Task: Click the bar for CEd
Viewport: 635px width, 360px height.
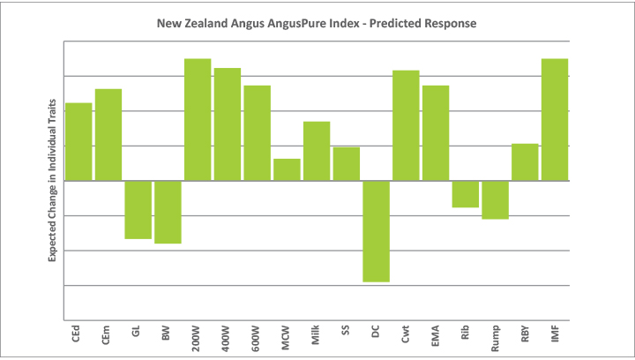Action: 78,142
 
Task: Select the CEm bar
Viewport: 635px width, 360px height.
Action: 108,135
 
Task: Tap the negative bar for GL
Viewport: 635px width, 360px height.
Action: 138,209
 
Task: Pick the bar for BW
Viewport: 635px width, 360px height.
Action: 168,212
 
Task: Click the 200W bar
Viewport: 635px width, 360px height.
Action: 198,119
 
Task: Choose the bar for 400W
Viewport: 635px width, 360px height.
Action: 228,124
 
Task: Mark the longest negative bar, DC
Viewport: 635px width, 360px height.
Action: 376,231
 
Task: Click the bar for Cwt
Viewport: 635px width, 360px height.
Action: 406,125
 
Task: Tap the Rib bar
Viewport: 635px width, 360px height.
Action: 465,194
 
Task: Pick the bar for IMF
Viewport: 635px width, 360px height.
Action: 554,119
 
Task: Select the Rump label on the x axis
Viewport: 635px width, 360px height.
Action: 495,336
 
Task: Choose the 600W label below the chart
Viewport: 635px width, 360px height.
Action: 258,335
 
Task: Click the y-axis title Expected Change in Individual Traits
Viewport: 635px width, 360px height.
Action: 52,181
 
